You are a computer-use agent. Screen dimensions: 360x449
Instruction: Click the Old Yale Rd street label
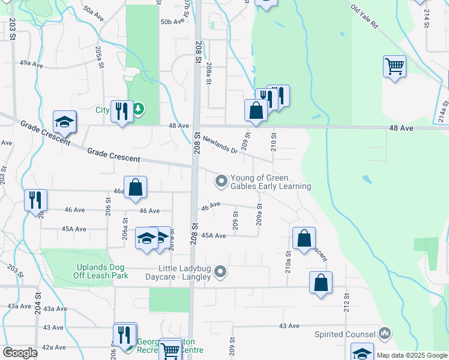(364, 17)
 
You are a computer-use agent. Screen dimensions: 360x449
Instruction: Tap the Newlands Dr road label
(220, 145)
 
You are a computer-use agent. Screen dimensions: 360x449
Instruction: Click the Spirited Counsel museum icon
(385, 333)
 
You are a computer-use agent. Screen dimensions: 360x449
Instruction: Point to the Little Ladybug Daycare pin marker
(221, 272)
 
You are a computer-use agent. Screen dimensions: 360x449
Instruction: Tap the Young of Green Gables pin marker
(221, 180)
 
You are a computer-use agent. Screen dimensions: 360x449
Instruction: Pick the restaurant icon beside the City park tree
(122, 110)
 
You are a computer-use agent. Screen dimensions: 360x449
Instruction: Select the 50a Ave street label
(94, 14)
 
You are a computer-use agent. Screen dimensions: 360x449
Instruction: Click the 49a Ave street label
(31, 62)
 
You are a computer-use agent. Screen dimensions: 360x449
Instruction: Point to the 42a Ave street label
(53, 347)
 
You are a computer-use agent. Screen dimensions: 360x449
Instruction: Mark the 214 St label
(427, 17)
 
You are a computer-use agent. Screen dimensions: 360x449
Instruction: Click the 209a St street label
(259, 214)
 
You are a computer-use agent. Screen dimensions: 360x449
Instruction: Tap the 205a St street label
(98, 59)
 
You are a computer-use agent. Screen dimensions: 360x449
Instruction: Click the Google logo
(20, 353)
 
